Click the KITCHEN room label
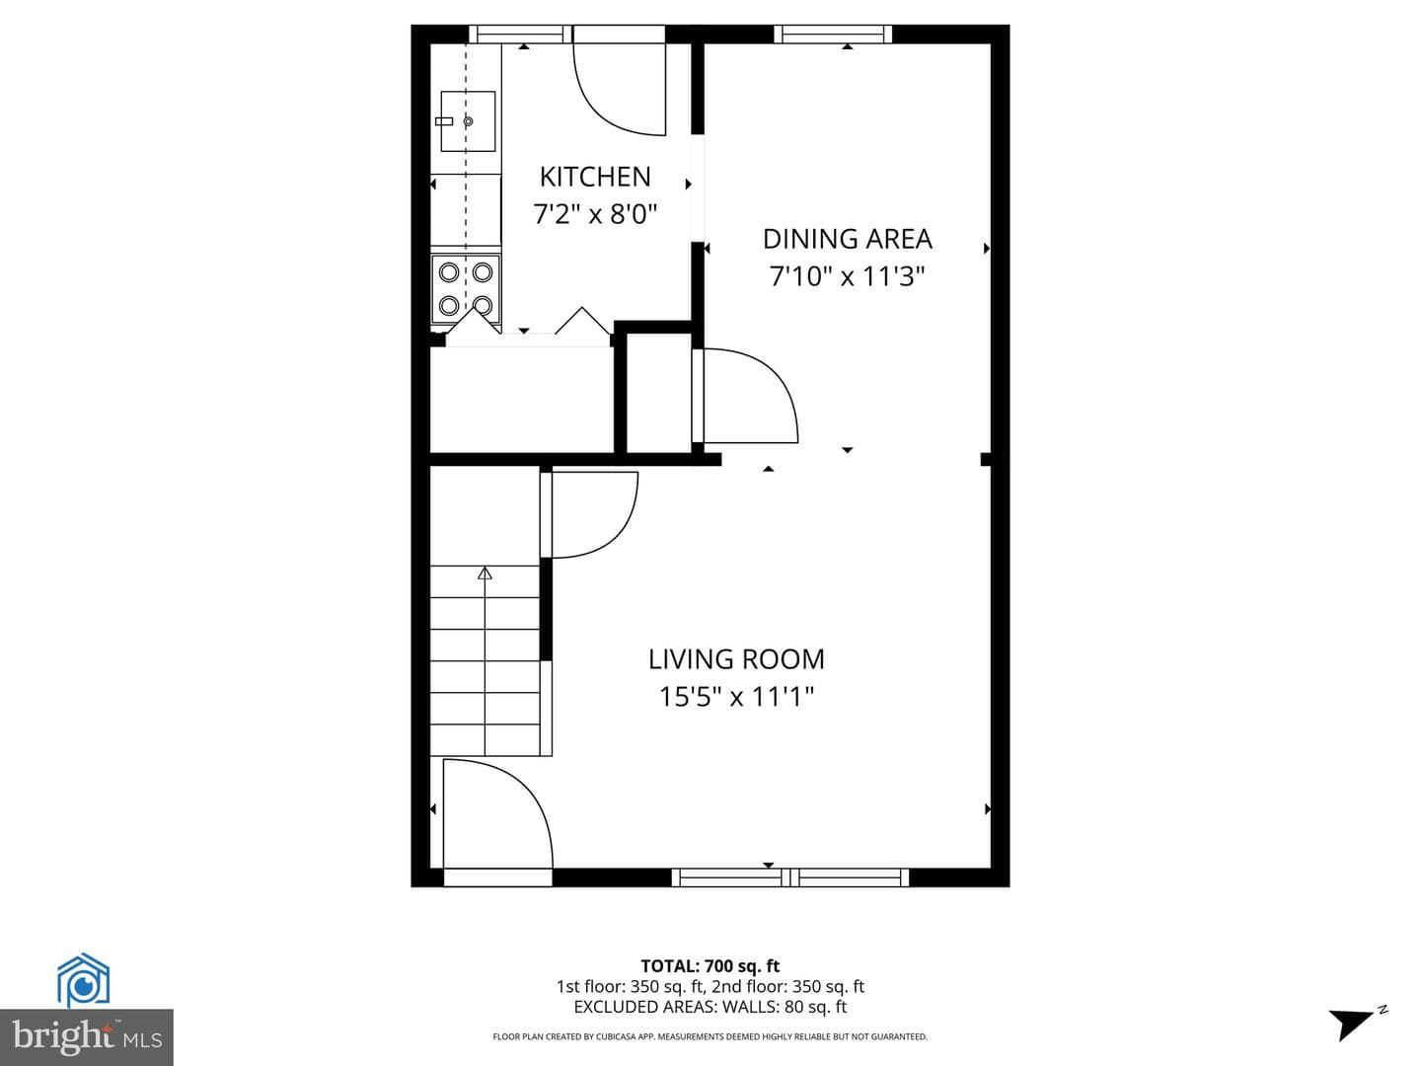[595, 177]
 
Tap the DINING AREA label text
[847, 239]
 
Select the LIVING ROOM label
[736, 659]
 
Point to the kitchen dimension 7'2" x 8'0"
[595, 213]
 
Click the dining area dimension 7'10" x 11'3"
[847, 276]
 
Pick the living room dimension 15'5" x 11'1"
[736, 697]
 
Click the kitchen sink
[468, 121]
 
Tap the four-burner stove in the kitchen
[466, 288]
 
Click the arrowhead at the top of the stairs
[485, 572]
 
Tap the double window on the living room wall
[789, 877]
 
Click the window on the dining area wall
[833, 34]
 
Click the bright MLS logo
[87, 1036]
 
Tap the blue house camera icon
[84, 980]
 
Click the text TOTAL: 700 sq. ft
[710, 966]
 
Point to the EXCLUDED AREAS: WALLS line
[710, 1007]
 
